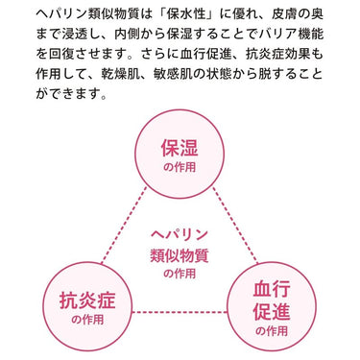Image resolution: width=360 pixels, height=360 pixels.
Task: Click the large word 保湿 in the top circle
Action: click(180, 147)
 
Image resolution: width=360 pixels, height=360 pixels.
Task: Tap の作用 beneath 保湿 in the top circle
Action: click(180, 167)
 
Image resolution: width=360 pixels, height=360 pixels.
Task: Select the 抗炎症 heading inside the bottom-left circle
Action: click(87, 300)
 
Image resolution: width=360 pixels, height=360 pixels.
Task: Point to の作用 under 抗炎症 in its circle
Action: click(87, 320)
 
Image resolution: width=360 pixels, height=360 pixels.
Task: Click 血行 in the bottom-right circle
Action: click(272, 289)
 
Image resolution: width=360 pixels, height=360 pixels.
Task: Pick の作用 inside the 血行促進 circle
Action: click(272, 331)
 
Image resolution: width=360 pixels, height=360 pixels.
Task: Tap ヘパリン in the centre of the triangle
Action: click(180, 235)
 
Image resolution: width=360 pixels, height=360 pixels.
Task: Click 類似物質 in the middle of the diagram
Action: click(180, 255)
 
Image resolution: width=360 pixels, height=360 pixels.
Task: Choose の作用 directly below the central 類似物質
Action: click(180, 274)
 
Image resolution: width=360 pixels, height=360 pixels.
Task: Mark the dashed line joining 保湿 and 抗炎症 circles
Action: click(124, 226)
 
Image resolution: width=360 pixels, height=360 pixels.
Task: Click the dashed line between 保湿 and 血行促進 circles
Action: click(235, 225)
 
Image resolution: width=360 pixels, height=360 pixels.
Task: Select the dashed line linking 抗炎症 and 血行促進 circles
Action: click(180, 312)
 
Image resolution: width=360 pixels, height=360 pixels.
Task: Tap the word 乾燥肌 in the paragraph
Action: click(121, 74)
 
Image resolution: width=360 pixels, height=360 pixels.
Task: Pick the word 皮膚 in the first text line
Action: click(285, 14)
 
